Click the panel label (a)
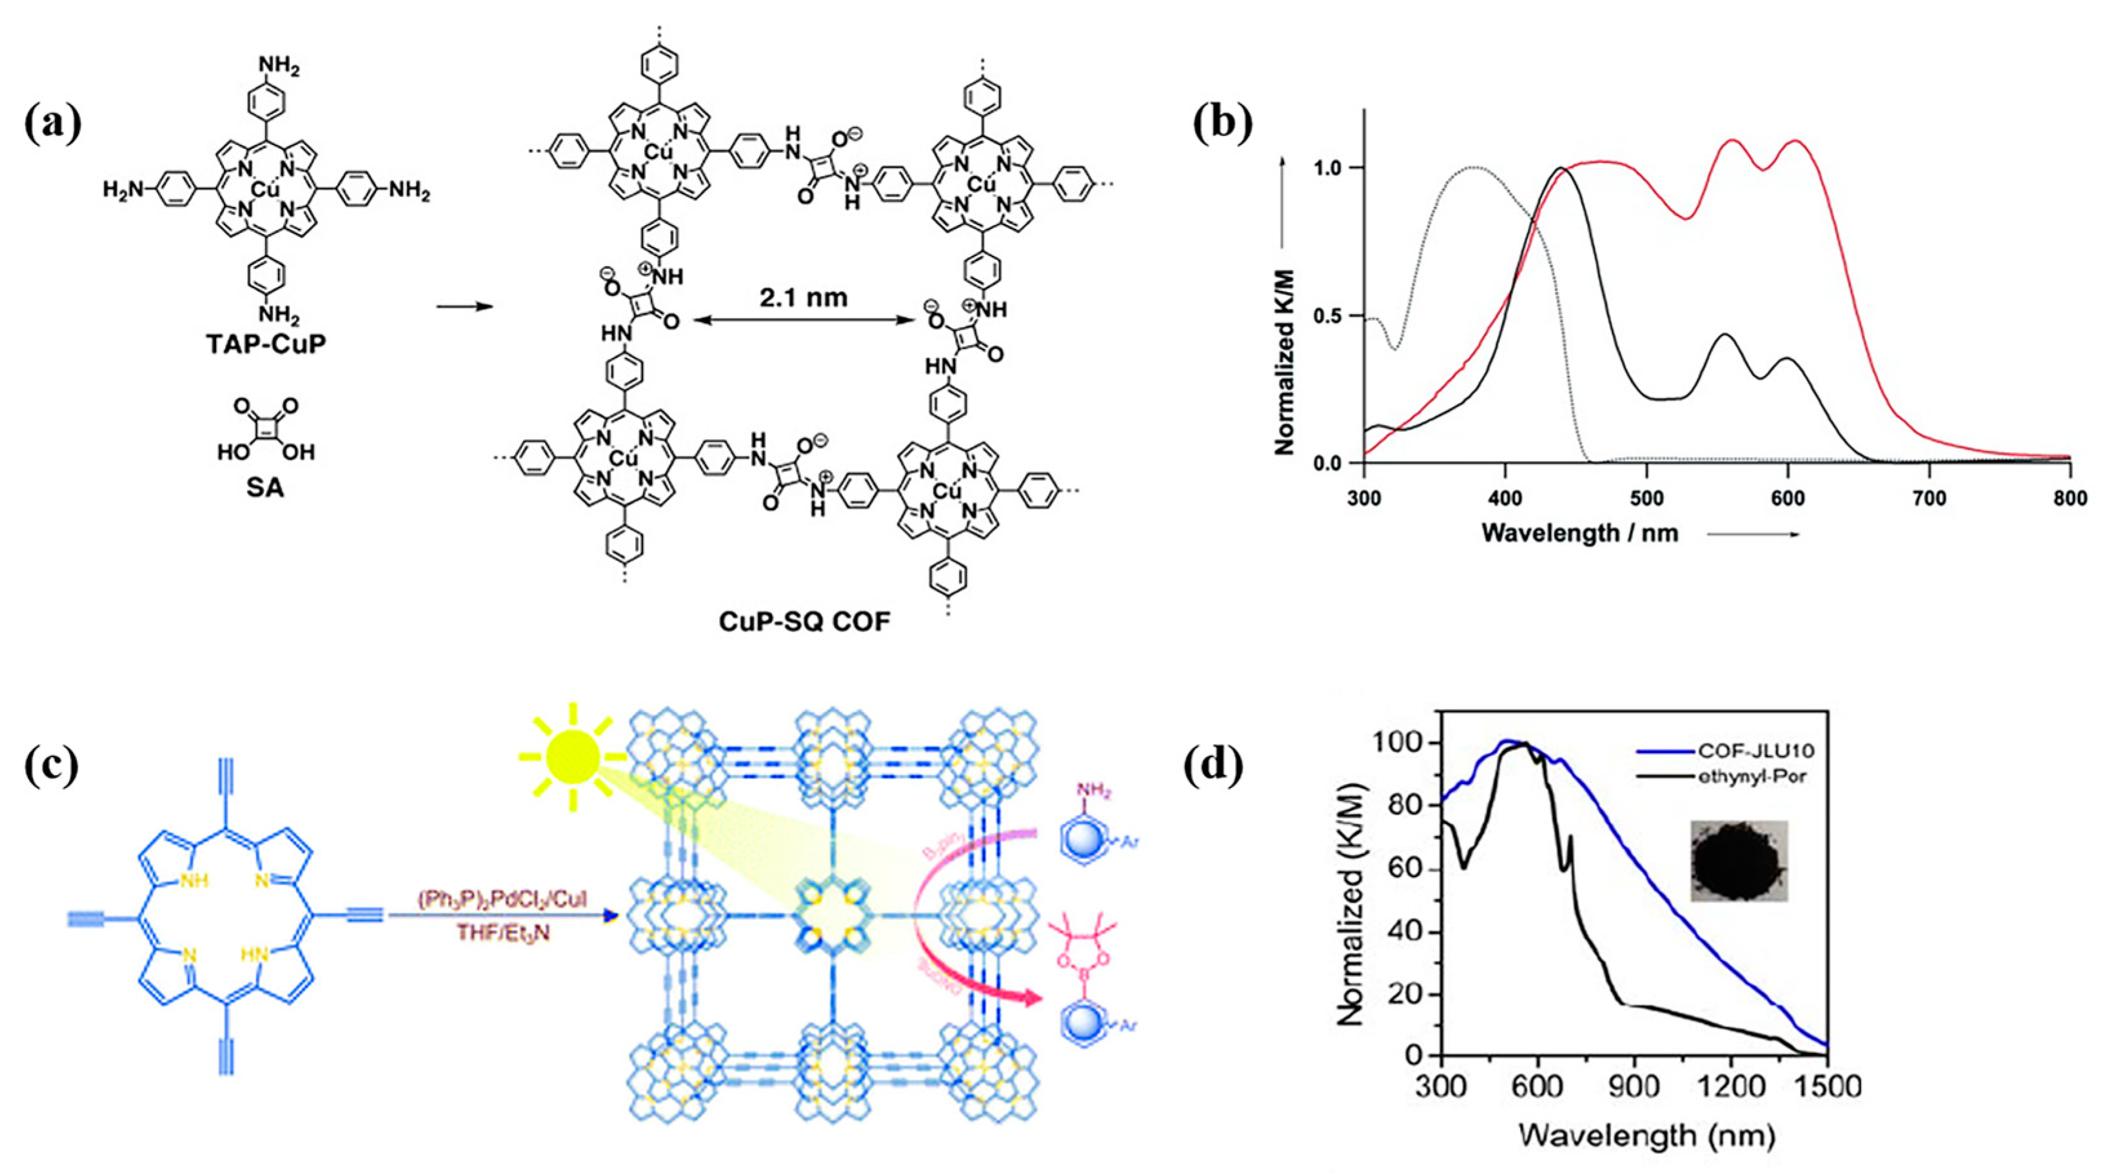pyautogui.click(x=53, y=125)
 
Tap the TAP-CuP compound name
pyautogui.click(x=266, y=344)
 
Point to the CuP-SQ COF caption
pyautogui.click(x=805, y=622)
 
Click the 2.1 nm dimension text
pyautogui.click(x=804, y=297)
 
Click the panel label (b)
pyautogui.click(x=1221, y=125)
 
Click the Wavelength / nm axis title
pyautogui.click(x=1579, y=533)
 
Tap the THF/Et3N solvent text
pyautogui.click(x=502, y=931)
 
